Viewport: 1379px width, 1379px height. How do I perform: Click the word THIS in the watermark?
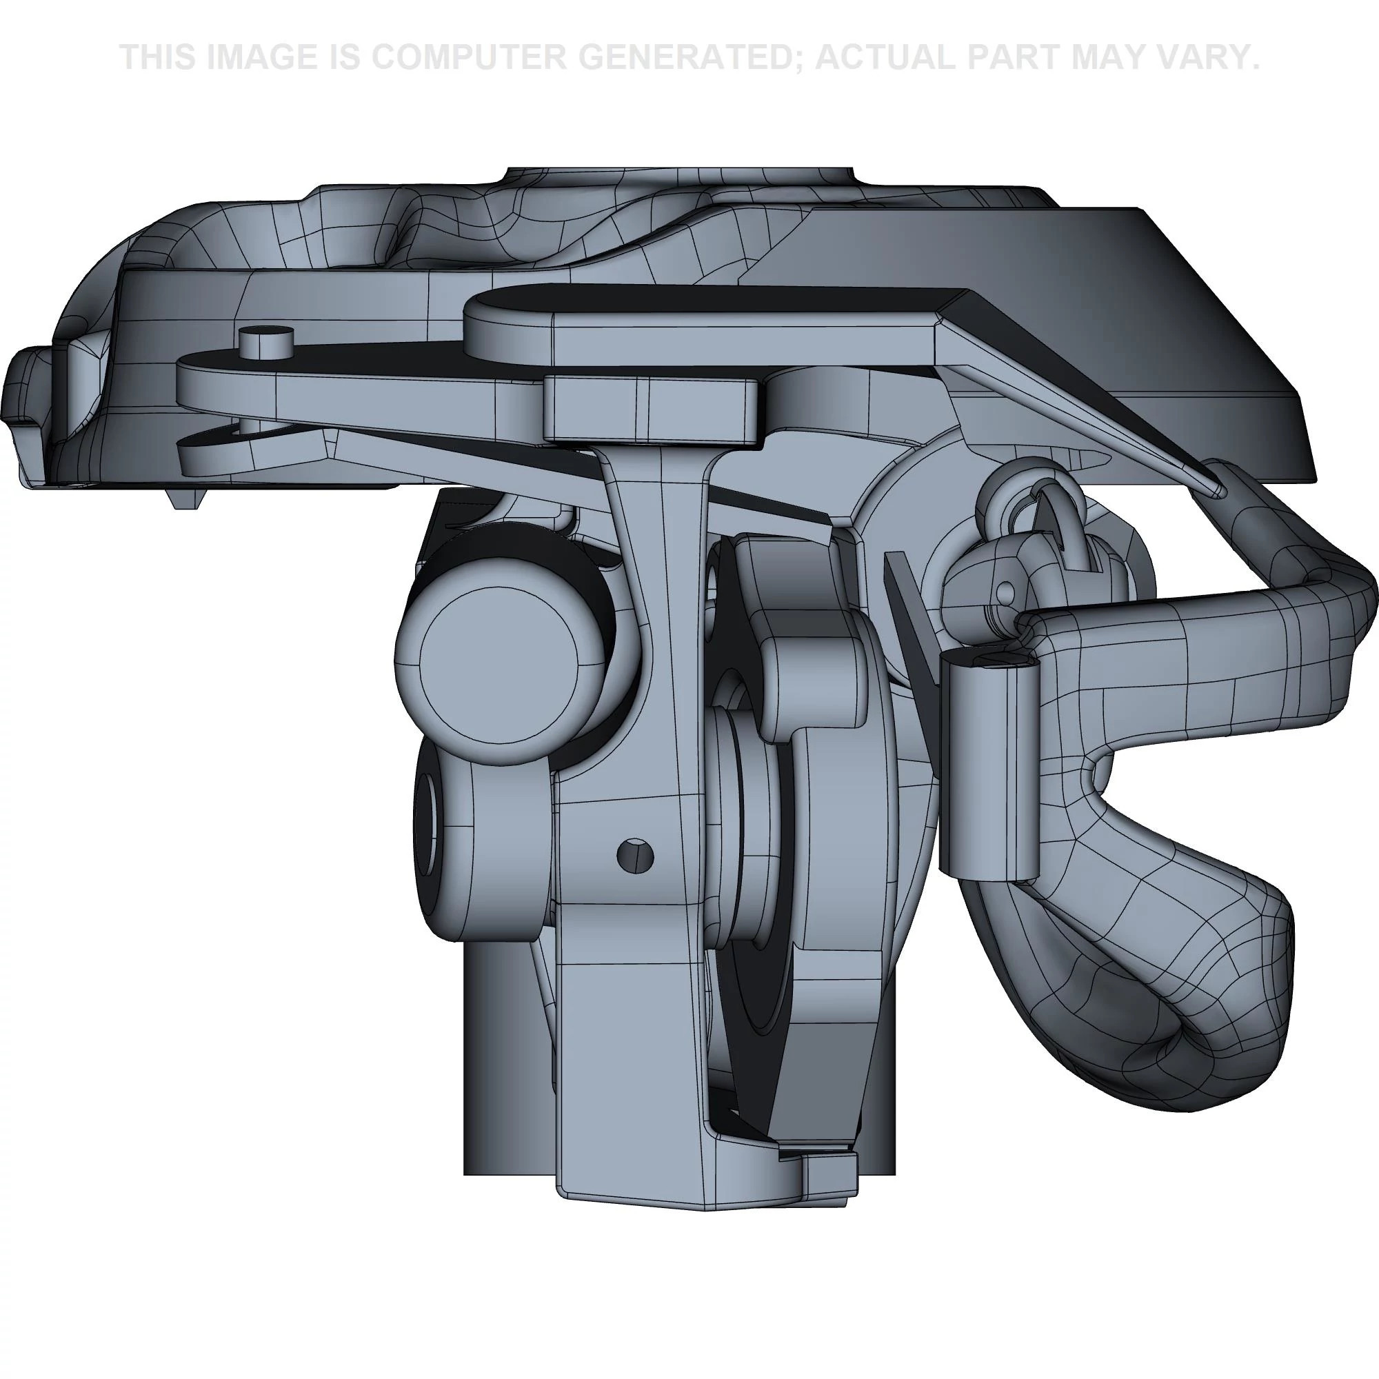[160, 58]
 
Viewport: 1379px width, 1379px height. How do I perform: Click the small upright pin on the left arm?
[267, 343]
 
